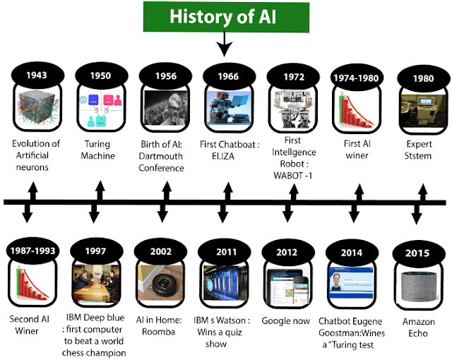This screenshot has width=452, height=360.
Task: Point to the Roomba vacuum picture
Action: pos(161,282)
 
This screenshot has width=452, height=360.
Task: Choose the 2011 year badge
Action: pos(225,249)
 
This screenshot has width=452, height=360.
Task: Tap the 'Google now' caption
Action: pos(287,321)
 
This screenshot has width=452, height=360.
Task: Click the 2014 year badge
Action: pos(353,251)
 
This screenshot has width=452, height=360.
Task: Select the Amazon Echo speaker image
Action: pos(420,286)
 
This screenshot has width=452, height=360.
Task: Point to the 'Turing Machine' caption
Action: pos(97,150)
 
